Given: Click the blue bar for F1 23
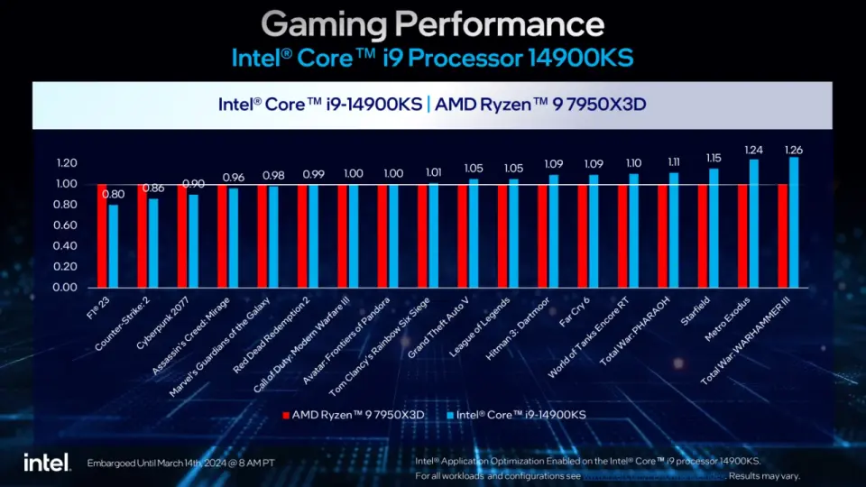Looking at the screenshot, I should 113,246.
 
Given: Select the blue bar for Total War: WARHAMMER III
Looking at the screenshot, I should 794,222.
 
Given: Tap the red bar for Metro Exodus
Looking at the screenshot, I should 742,235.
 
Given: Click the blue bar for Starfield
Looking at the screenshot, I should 714,227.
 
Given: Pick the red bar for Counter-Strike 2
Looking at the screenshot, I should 142,235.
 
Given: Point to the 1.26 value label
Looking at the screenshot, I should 793,149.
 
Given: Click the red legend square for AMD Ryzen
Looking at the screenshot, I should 285,416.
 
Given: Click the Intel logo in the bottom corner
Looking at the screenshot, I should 47,462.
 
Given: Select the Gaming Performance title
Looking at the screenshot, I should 432,23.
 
